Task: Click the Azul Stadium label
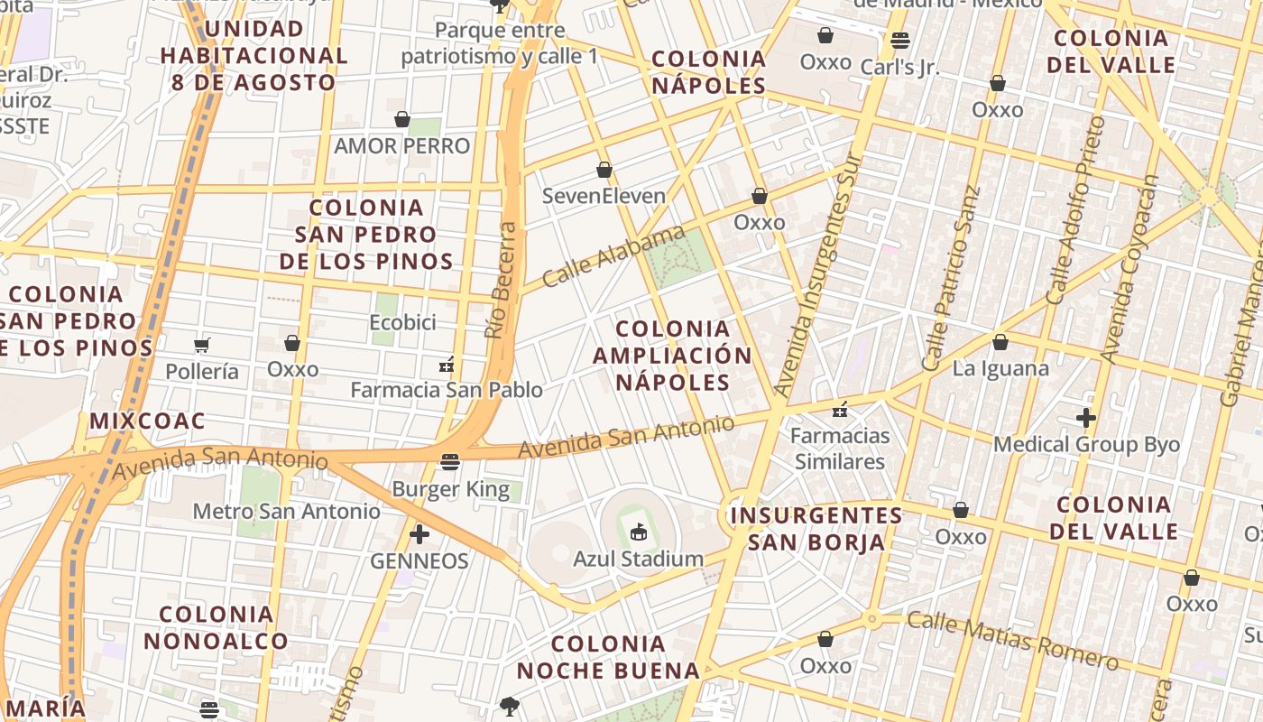[x=638, y=559]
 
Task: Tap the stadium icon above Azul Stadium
[x=639, y=532]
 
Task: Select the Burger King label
[x=451, y=489]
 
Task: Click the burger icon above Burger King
[x=451, y=462]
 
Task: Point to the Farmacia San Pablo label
[x=447, y=390]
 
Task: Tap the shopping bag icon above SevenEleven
[x=604, y=170]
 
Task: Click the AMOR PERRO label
[x=402, y=145]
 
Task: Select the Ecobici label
[x=402, y=322]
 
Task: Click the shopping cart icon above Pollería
[x=202, y=345]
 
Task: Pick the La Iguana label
[x=1000, y=368]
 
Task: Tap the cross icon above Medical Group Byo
[x=1086, y=418]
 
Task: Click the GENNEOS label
[x=419, y=561]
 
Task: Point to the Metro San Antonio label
[x=287, y=511]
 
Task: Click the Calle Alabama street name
[x=613, y=256]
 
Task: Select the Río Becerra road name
[x=501, y=280]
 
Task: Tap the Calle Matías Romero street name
[x=1012, y=640]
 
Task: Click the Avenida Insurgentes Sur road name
[x=818, y=275]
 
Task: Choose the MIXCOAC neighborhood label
[x=147, y=421]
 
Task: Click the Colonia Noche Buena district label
[x=608, y=657]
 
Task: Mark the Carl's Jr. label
[x=899, y=67]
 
